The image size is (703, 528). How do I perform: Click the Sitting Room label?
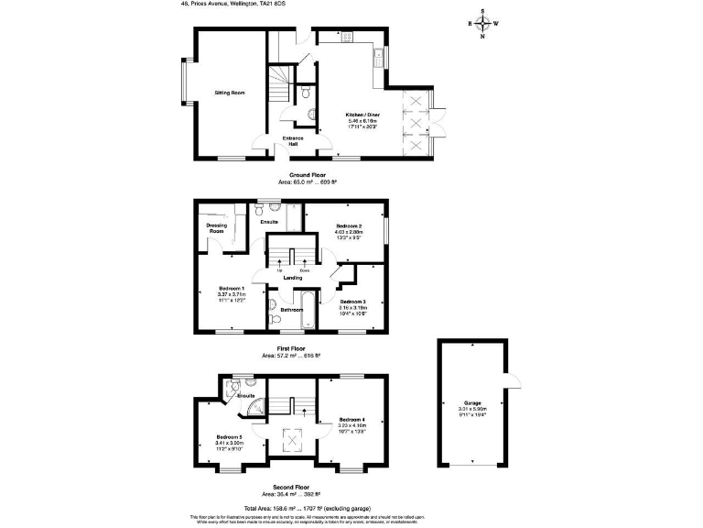(229, 93)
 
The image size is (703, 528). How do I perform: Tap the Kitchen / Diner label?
(363, 115)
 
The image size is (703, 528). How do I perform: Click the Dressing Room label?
(216, 228)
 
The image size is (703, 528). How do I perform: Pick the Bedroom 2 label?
(349, 226)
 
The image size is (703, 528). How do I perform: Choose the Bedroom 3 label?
(353, 302)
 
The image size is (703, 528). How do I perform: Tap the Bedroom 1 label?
(230, 288)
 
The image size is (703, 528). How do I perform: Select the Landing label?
(293, 278)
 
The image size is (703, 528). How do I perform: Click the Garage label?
(472, 402)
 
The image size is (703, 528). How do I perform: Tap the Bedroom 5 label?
(228, 436)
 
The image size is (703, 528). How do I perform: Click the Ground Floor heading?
(308, 174)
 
